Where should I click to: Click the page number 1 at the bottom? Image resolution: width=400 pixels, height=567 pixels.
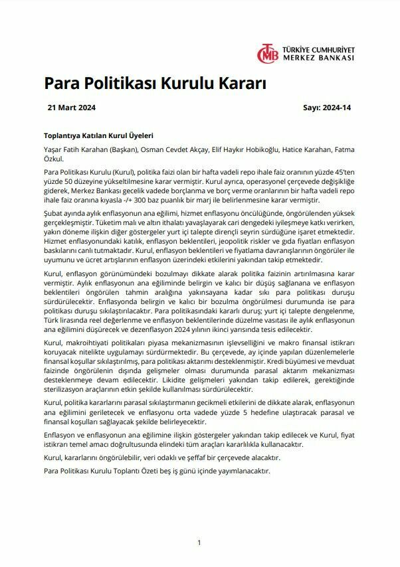pyautogui.click(x=199, y=542)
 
